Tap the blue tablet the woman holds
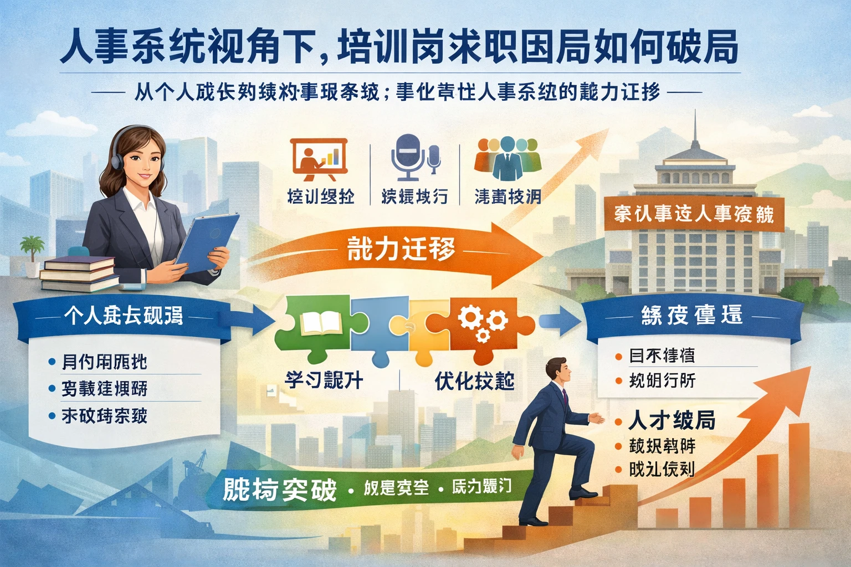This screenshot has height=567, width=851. [206, 244]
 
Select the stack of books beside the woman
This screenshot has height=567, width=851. [78, 272]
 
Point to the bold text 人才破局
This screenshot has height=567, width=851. [671, 421]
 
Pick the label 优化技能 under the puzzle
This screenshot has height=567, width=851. [474, 381]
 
